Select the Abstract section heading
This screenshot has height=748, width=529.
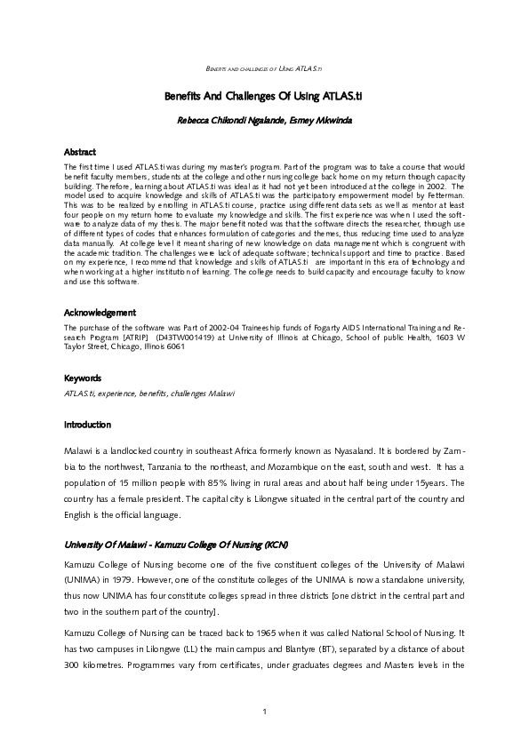click(x=79, y=153)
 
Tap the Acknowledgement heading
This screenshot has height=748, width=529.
click(x=99, y=313)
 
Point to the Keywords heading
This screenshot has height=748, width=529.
click(x=83, y=378)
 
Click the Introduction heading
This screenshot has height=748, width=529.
click(x=87, y=425)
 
